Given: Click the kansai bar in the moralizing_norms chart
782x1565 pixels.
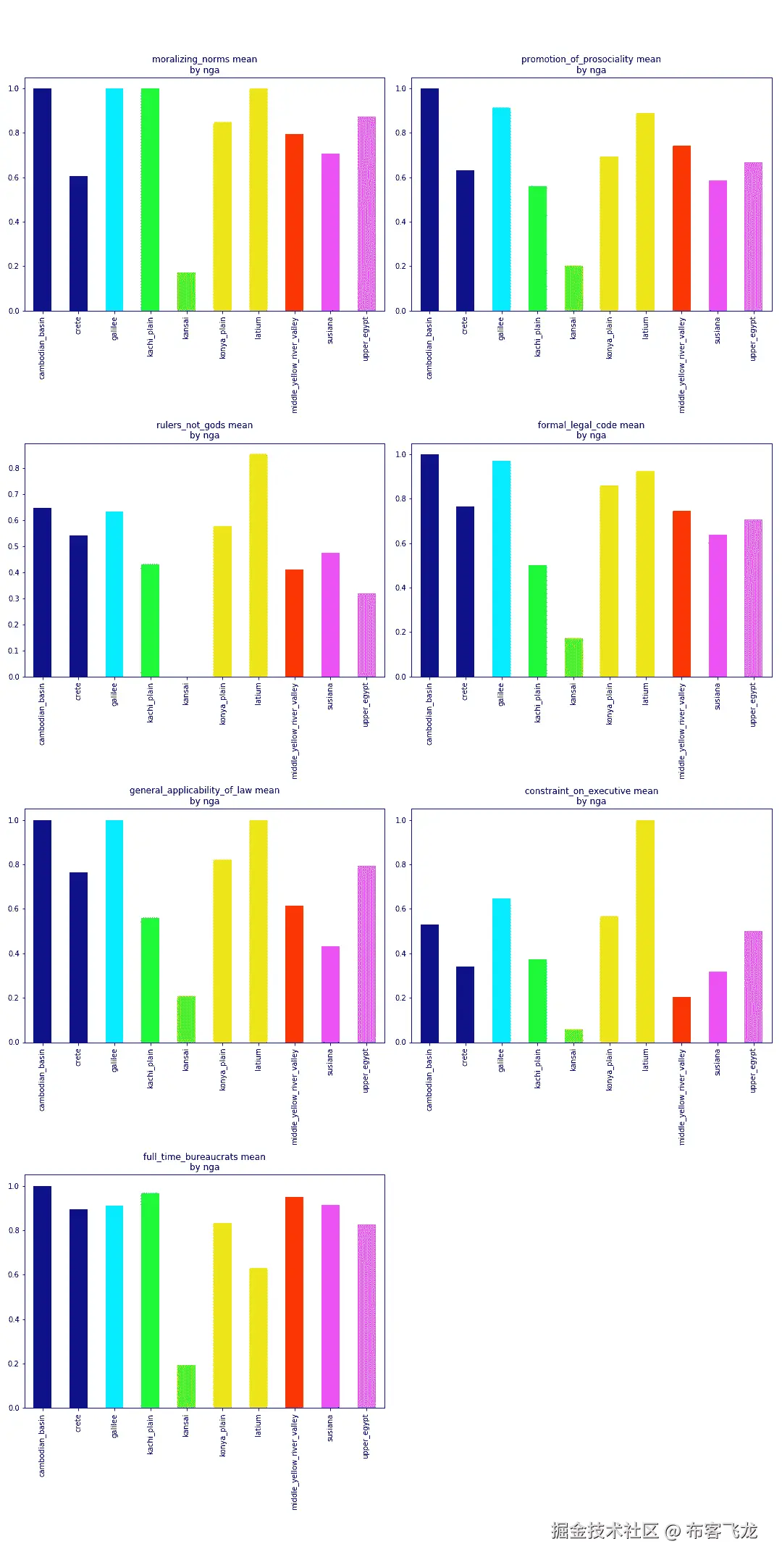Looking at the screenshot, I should coord(186,292).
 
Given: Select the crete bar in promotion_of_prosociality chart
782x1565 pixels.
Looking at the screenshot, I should coord(465,241).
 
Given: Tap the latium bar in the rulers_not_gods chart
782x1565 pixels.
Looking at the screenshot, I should coord(258,565).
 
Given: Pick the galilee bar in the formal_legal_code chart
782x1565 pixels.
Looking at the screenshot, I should coord(501,569).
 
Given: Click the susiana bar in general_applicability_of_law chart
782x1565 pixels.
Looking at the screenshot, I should coord(330,994).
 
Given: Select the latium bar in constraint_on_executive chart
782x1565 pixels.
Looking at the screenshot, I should coord(645,931).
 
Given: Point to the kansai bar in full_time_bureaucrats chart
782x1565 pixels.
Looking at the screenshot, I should coord(186,1386).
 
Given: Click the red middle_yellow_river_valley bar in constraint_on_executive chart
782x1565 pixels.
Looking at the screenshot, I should coord(681,1019).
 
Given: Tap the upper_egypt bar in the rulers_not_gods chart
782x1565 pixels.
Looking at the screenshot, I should coord(366,635).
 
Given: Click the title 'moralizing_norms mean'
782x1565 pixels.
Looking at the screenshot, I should coord(204,59).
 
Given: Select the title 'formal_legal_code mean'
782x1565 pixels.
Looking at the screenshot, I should coord(591,425).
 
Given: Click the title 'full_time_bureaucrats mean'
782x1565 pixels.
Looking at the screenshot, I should coord(204,1156).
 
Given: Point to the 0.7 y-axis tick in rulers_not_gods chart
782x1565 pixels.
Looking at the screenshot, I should coord(14,494).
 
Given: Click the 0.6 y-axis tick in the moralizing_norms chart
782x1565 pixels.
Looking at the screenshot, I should coord(14,178).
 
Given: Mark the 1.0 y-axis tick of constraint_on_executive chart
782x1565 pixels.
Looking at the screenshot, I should coord(400,820).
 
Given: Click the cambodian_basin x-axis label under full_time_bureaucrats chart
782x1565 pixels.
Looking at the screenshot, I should coord(42,1445).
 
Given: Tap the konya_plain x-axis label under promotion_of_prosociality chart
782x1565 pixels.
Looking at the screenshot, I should coord(609,338).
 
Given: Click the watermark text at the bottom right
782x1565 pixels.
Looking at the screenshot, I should coord(654,1530).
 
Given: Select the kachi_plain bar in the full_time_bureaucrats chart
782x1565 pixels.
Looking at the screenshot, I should coord(150,1300).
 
